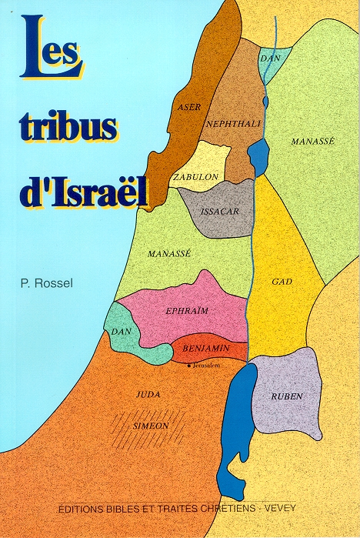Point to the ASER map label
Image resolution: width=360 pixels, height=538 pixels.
tap(188, 108)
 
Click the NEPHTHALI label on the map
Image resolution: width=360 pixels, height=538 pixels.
tap(228, 123)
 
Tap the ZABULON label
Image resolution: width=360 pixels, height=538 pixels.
tap(196, 176)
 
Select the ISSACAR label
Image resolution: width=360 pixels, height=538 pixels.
tap(215, 209)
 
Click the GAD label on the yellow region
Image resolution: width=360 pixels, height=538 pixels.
tap(281, 282)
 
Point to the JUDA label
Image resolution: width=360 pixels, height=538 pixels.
tap(147, 393)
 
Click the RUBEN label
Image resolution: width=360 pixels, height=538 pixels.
tap(286, 396)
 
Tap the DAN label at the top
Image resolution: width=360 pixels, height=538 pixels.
tap(268, 58)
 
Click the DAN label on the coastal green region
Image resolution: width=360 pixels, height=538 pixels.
tap(121, 331)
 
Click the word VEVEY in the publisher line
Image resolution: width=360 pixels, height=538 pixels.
tap(288, 509)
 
